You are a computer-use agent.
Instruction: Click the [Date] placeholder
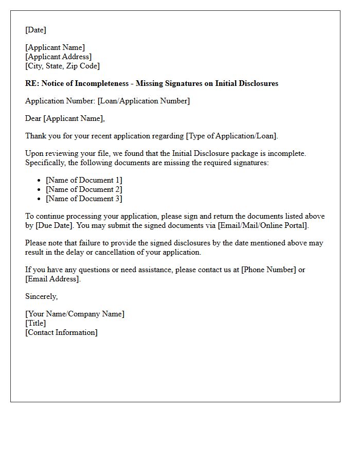click(x=35, y=30)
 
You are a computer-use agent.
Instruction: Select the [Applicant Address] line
click(x=59, y=57)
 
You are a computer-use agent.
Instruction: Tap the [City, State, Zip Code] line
click(x=62, y=66)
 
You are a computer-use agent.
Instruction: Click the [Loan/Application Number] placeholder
click(x=143, y=101)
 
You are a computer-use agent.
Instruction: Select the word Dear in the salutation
click(x=33, y=119)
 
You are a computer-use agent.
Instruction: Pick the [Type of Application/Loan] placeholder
click(x=231, y=136)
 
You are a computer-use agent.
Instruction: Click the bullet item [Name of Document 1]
click(x=84, y=180)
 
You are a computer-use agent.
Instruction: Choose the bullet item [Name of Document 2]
click(x=84, y=189)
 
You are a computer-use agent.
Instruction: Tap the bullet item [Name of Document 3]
click(x=84, y=199)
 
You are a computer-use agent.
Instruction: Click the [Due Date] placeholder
click(x=53, y=226)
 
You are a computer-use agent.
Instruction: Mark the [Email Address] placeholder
click(x=52, y=279)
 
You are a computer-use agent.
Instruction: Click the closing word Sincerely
click(x=41, y=296)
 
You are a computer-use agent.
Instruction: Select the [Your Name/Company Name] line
click(x=75, y=314)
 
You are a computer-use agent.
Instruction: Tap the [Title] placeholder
click(x=35, y=324)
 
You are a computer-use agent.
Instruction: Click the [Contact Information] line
click(x=61, y=333)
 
